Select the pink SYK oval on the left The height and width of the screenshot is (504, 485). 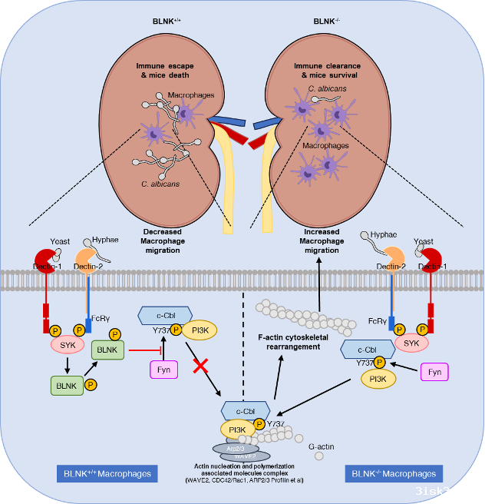coord(68,346)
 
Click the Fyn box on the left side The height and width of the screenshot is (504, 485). coord(163,370)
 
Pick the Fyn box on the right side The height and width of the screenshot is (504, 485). coord(434,372)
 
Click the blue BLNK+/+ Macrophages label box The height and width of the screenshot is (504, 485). coord(107,472)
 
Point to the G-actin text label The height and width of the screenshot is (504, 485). coord(322,446)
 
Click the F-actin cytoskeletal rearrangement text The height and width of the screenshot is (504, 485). coord(289,341)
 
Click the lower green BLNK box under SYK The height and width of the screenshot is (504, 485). coord(68,384)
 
